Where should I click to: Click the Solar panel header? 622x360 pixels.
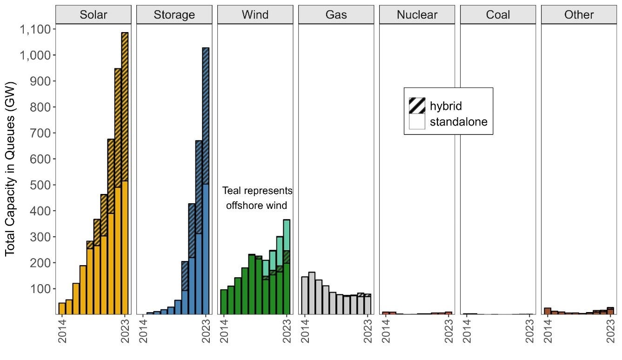[x=94, y=14]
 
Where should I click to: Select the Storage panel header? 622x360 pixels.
[x=174, y=14]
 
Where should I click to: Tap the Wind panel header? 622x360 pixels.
[x=255, y=14]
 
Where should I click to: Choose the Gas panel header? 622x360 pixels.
[x=336, y=14]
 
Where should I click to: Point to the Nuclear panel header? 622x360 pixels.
[x=417, y=14]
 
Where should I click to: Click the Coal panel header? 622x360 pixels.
[x=498, y=14]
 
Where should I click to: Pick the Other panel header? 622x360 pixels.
[x=579, y=14]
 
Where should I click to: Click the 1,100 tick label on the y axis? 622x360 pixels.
[x=36, y=29]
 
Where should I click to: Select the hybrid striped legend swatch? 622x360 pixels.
[x=417, y=106]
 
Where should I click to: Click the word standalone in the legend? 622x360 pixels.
[x=458, y=122]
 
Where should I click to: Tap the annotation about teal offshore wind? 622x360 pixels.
[x=257, y=198]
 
